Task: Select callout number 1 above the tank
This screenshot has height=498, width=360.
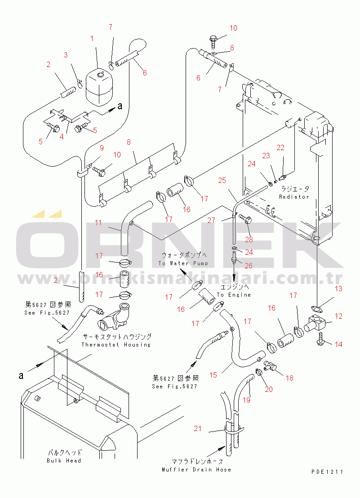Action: tap(92, 39)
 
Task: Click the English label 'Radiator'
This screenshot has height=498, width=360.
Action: tap(294, 196)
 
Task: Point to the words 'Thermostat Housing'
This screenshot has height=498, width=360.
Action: tap(116, 345)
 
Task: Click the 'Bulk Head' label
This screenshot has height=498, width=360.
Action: tap(64, 461)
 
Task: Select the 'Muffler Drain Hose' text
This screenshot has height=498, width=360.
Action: tap(196, 470)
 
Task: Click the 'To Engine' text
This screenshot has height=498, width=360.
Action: tap(234, 295)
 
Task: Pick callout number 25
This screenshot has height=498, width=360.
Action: tap(222, 180)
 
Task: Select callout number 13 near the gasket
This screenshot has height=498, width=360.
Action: tap(338, 289)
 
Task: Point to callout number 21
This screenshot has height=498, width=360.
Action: tap(198, 429)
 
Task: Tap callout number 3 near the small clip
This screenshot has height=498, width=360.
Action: tap(66, 55)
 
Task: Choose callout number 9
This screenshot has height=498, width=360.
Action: tap(102, 148)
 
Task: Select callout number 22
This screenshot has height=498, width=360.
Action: tap(280, 147)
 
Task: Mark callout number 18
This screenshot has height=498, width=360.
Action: tap(289, 378)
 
